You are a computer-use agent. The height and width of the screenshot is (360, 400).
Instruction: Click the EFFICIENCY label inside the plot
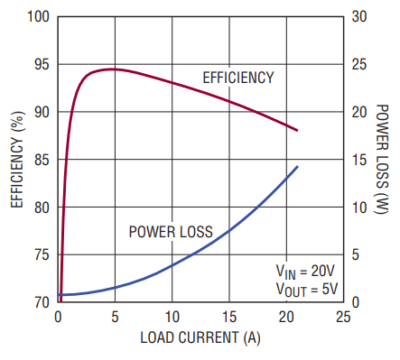point(238,78)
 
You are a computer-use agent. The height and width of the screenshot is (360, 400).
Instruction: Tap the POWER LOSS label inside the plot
point(171,232)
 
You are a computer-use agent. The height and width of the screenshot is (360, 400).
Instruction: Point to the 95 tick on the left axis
point(42,64)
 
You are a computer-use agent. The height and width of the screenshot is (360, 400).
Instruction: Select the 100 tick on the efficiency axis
point(38,16)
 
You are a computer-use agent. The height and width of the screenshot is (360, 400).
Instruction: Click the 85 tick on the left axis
point(42,160)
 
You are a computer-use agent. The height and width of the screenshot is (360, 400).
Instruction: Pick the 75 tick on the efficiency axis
point(42,255)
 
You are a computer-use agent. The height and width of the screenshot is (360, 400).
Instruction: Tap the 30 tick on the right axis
point(359,16)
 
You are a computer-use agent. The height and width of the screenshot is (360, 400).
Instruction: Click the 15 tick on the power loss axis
point(359,160)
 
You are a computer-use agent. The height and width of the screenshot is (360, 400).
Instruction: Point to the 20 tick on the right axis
point(359,112)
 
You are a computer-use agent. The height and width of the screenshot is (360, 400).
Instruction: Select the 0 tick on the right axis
point(356,302)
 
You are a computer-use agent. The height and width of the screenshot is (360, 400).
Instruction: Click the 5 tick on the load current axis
point(115,317)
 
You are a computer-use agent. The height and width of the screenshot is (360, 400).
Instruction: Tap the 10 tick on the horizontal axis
point(172,317)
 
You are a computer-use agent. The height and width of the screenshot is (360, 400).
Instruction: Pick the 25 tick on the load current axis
point(343,317)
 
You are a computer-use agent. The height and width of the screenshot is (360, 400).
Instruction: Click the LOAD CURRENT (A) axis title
point(200,337)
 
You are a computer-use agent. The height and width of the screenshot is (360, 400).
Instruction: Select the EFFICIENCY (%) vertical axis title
point(18,160)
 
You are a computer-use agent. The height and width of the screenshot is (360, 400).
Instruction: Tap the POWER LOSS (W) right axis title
point(381,160)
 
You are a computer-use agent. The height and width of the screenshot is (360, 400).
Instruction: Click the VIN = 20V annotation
point(305,272)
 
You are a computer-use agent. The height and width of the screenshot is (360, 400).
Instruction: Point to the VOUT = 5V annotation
point(307,290)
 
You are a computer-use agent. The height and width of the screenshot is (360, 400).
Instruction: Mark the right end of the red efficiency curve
point(297,130)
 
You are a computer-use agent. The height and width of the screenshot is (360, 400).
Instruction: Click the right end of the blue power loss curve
point(297,166)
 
